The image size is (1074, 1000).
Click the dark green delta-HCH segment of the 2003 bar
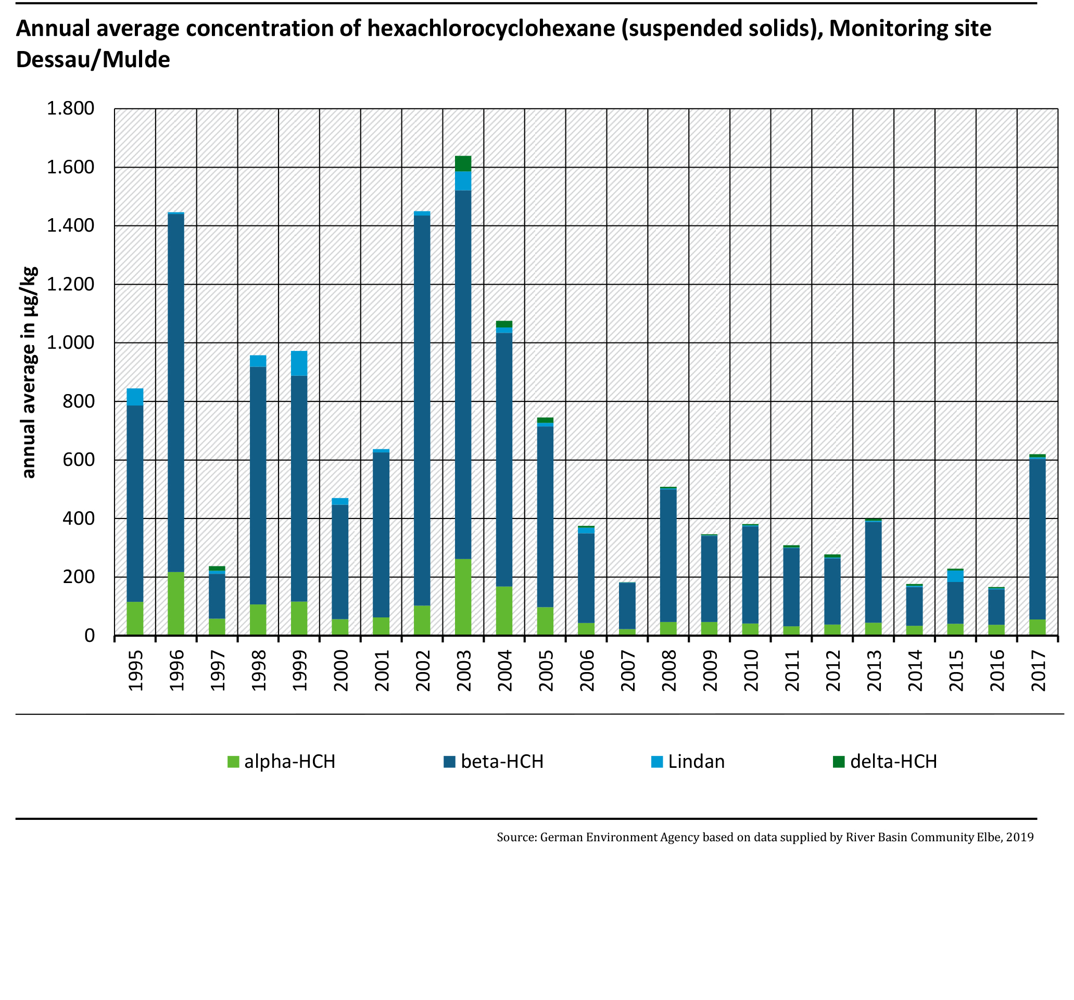[463, 163]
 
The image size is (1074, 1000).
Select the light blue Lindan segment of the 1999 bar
[299, 363]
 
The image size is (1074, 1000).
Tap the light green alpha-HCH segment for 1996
[175, 603]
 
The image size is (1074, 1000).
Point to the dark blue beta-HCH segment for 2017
[1037, 539]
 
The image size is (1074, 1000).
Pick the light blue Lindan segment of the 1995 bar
[134, 397]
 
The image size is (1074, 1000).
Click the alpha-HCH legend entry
[282, 762]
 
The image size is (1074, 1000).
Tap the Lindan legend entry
[688, 762]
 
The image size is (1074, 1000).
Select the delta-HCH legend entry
[885, 762]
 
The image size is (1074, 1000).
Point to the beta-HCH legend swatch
[449, 762]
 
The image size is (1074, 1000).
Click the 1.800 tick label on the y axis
[70, 109]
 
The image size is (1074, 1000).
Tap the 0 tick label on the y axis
[89, 636]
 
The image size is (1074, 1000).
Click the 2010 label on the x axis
[751, 670]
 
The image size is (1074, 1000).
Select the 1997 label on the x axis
[217, 670]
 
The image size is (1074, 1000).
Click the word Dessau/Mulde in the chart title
[93, 59]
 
